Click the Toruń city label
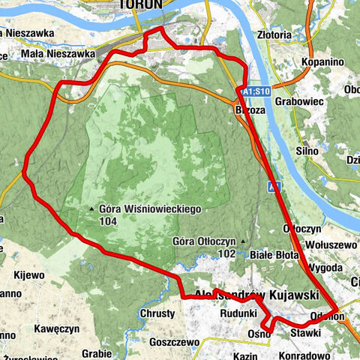[x=140, y=4]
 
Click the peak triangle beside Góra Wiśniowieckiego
[x=91, y=210]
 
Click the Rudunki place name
[x=238, y=313]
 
